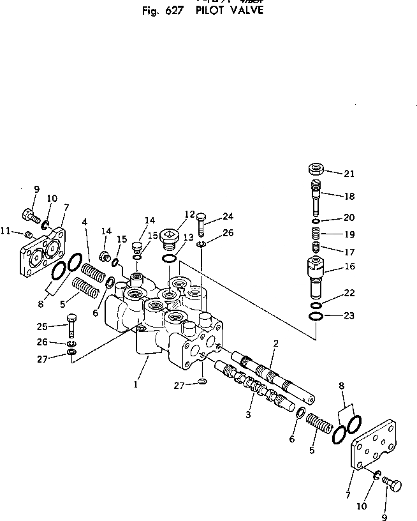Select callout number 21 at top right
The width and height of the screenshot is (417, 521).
click(x=348, y=173)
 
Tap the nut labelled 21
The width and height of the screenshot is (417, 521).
click(x=315, y=169)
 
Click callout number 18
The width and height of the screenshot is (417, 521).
click(x=348, y=196)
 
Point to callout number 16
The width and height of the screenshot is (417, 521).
click(x=349, y=266)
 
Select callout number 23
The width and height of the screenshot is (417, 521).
click(x=349, y=315)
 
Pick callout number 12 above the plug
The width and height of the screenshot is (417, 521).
click(x=189, y=214)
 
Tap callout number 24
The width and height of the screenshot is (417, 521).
click(x=228, y=216)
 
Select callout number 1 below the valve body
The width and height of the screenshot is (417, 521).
click(x=135, y=385)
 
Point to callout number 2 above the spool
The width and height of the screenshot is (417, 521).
click(x=276, y=343)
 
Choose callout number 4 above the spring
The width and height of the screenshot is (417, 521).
click(x=84, y=222)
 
